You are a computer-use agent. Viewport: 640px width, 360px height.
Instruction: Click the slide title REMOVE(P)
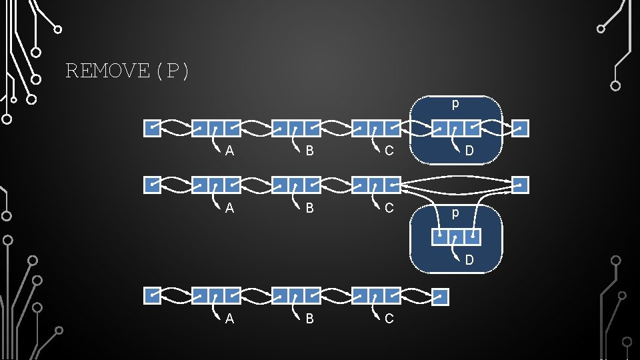click(127, 71)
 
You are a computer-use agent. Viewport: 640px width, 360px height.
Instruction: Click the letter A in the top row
click(229, 151)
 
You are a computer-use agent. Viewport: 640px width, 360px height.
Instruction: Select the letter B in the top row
click(309, 151)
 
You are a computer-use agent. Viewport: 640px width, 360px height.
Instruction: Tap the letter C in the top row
click(389, 151)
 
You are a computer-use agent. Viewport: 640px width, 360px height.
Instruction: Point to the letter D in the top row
click(469, 151)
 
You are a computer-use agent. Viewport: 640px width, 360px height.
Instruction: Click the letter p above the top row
click(455, 105)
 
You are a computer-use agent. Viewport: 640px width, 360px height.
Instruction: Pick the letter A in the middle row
click(229, 208)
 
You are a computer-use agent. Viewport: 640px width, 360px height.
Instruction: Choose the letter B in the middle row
click(309, 208)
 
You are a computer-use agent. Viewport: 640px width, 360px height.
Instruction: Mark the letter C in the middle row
click(389, 208)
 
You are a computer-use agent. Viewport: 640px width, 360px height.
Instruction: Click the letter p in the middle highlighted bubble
click(455, 213)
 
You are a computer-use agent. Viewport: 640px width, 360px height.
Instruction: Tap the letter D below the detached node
click(469, 260)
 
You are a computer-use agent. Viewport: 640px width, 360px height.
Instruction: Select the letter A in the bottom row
click(229, 319)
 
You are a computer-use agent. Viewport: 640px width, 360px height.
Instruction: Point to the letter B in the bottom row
click(309, 319)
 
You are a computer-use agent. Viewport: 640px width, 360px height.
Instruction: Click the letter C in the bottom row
click(389, 319)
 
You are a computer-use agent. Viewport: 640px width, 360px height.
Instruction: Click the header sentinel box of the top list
click(153, 128)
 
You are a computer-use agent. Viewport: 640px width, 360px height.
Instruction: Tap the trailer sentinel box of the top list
click(521, 128)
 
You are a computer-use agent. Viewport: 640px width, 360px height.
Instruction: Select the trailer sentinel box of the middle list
click(521, 185)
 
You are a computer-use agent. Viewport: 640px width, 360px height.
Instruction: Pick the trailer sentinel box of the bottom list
click(441, 297)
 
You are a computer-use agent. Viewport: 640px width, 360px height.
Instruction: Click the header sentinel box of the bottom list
click(153, 297)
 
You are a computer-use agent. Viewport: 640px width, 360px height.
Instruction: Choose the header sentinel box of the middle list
click(153, 185)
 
